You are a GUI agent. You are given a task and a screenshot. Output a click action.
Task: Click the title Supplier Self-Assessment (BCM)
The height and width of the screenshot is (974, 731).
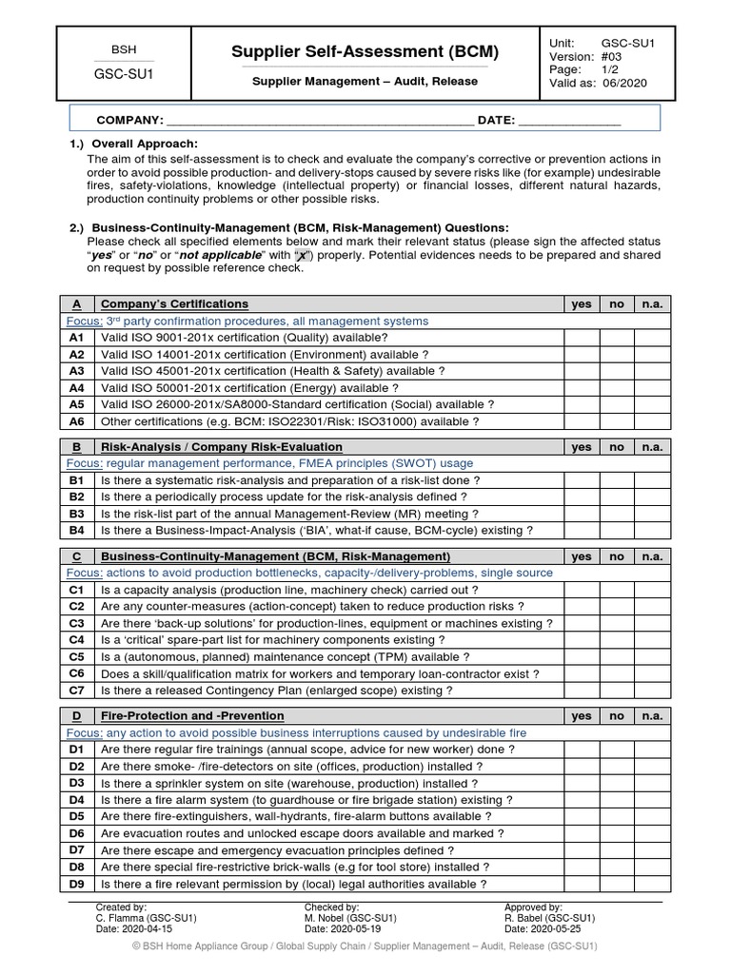tap(365, 51)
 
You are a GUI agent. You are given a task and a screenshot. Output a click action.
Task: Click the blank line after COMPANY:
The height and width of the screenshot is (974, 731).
tap(320, 121)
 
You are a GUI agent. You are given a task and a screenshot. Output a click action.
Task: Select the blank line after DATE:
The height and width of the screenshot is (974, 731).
tap(570, 121)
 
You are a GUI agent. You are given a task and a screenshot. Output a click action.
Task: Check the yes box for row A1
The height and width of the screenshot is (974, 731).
tap(582, 338)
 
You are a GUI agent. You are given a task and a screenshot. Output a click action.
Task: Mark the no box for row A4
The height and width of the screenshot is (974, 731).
tap(617, 388)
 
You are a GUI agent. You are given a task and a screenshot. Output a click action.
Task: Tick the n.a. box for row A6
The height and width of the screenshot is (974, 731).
tap(652, 421)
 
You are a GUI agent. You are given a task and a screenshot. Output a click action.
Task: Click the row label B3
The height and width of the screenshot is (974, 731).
tap(77, 514)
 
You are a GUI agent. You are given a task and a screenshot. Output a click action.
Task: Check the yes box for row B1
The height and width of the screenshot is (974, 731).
tap(582, 480)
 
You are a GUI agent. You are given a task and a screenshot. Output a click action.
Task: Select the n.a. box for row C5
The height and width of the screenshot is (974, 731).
tap(652, 657)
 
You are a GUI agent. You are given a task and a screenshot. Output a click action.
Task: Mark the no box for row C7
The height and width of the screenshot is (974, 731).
tap(617, 691)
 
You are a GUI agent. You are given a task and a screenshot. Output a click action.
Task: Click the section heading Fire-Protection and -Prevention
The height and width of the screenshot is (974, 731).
tap(192, 715)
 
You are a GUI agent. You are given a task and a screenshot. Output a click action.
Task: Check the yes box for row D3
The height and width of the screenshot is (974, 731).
tap(582, 784)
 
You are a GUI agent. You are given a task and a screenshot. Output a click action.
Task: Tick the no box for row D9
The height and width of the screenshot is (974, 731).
tap(617, 885)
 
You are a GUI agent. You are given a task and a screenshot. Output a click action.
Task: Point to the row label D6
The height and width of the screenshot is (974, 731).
tap(77, 834)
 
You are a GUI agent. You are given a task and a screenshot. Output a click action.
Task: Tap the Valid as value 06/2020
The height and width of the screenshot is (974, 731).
tap(624, 84)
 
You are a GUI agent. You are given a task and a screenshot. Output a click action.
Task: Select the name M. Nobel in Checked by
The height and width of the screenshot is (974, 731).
tap(328, 918)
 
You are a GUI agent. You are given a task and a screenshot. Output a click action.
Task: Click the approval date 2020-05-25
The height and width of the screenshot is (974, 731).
tap(562, 928)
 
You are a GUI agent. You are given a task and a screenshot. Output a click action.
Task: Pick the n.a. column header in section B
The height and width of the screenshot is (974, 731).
tap(652, 447)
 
